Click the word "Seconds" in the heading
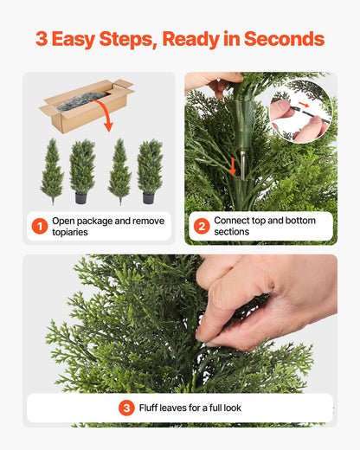pyautogui.click(x=284, y=39)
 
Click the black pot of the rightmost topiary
pyautogui.click(x=149, y=198)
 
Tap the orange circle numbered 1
pyautogui.click(x=39, y=227)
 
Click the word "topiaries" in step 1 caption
pyautogui.click(x=73, y=233)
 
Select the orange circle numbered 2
pyautogui.click(x=201, y=227)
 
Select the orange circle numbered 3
pyautogui.click(x=126, y=408)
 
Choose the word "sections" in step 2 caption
pyautogui.click(x=231, y=233)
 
